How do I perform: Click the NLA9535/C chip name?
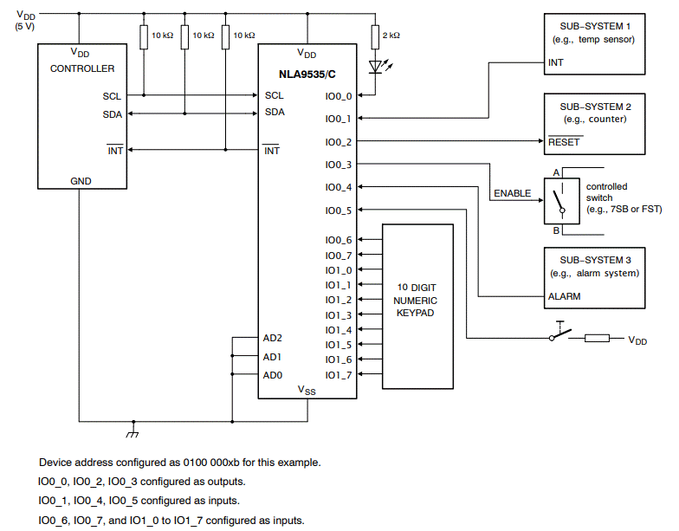[x=307, y=74]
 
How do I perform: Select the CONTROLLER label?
[x=82, y=68]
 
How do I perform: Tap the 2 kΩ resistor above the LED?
[x=375, y=36]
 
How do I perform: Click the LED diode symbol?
[x=375, y=65]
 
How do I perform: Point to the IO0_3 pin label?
[x=338, y=165]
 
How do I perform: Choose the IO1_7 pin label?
[x=338, y=375]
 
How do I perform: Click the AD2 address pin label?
[x=273, y=338]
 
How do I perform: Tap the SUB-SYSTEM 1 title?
[x=594, y=26]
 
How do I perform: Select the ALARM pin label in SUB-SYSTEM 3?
[x=564, y=296]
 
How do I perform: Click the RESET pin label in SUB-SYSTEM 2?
[x=565, y=141]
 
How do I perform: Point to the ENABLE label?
[x=512, y=193]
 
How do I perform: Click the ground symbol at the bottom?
[x=133, y=431]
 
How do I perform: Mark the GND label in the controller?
[x=81, y=182]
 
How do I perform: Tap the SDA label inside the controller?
[x=112, y=114]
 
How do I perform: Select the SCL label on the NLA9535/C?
[x=274, y=95]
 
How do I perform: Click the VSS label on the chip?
[x=307, y=390]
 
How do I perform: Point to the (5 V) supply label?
[x=26, y=26]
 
